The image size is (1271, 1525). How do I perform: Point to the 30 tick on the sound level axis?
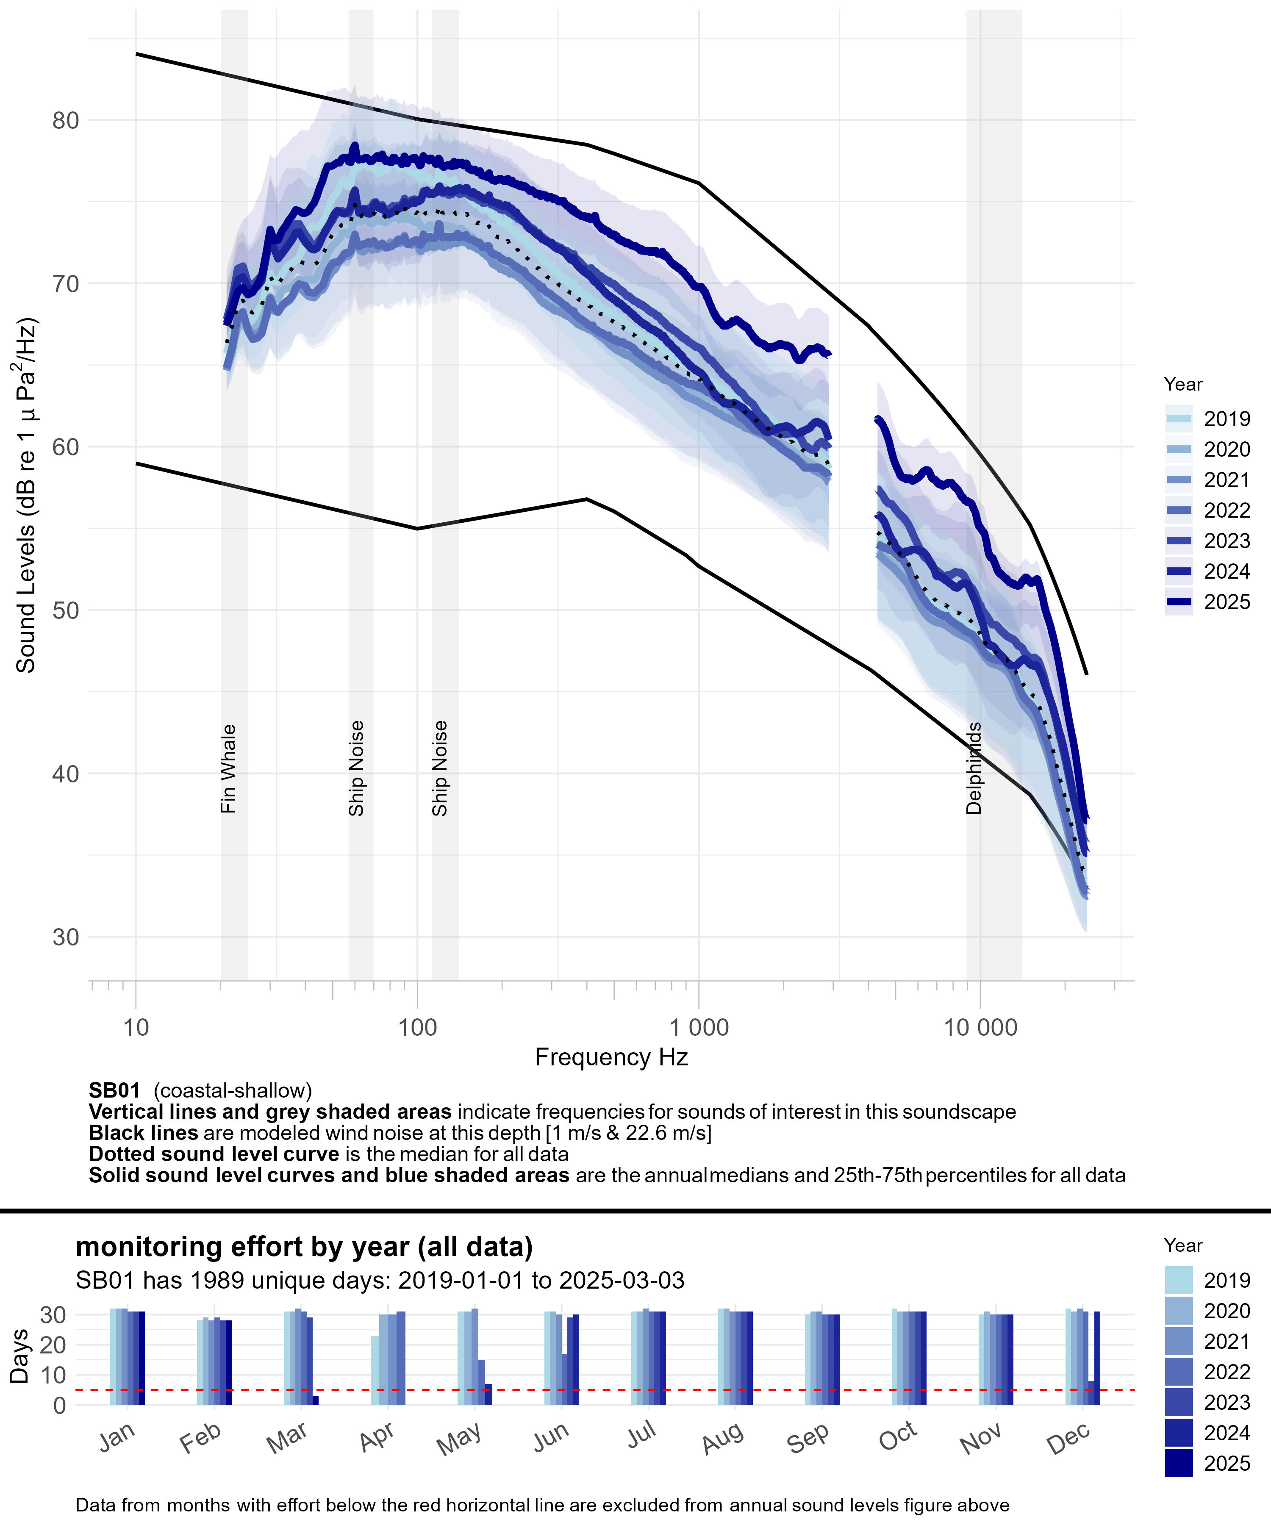(x=65, y=937)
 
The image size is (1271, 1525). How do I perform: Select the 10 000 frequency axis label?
(x=980, y=1028)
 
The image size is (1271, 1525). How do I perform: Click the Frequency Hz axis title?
(x=611, y=1057)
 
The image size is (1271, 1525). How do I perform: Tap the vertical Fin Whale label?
(x=228, y=768)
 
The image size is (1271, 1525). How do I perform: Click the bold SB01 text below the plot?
(x=114, y=1091)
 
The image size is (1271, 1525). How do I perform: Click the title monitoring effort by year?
(x=304, y=1246)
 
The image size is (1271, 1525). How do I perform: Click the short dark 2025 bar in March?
(x=315, y=1400)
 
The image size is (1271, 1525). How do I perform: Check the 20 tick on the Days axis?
(x=55, y=1345)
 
